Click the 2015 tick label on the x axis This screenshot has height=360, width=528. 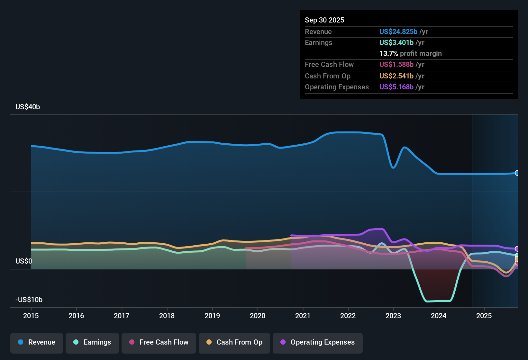pos(31,316)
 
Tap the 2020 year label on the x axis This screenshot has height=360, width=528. pos(257,316)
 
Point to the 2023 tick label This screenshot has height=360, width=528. pos(393,316)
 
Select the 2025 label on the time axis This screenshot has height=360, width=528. pos(484,316)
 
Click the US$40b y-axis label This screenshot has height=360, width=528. pos(28,107)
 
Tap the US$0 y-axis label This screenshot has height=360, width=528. pos(24,261)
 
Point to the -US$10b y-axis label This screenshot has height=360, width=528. pos(29,300)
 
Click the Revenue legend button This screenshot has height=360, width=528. pos(37,342)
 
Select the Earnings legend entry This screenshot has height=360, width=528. pos(92,342)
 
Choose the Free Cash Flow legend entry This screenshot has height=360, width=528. pos(159,342)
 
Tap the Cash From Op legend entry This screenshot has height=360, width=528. pos(234,342)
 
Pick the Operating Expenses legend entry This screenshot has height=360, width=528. pos(318,342)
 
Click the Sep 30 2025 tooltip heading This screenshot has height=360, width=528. pos(324,20)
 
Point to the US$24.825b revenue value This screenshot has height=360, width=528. pos(398,32)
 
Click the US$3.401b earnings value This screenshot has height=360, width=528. pos(396,43)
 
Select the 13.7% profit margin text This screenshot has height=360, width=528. pos(410,54)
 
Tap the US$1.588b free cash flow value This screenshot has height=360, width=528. pos(396,65)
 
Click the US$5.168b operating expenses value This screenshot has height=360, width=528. pos(396,87)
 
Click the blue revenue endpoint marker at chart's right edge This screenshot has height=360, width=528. pos(517,173)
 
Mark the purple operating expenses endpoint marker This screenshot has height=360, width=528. pos(517,249)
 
